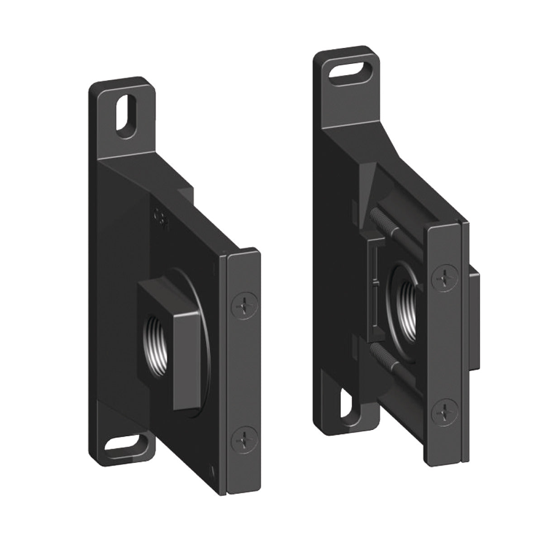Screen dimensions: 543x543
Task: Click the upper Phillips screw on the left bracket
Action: (243, 307)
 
